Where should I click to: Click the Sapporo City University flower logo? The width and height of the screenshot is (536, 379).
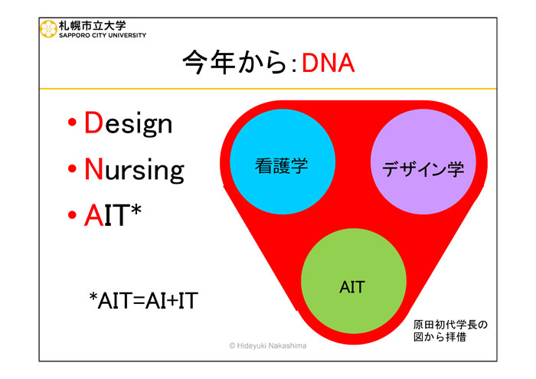coord(48,28)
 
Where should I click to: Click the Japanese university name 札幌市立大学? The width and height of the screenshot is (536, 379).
coord(93,25)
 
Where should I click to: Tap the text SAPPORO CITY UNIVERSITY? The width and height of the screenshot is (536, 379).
coord(103,35)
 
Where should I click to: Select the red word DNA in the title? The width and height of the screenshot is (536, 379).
coord(328,64)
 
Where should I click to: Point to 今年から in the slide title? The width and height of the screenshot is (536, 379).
coord(234,63)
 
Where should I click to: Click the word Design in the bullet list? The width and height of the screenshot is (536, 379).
coord(128,123)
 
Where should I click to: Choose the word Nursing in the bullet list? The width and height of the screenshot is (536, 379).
coord(134,169)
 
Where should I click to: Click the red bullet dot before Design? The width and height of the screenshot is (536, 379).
coord(72,122)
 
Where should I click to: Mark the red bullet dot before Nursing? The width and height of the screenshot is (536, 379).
coord(72,168)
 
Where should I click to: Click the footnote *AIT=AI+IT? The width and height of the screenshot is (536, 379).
coord(144,300)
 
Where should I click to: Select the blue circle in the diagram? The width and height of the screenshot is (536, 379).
coord(283,162)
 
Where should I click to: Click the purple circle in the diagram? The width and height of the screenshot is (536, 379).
coord(423,162)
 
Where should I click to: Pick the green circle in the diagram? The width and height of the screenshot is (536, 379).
coord(354,281)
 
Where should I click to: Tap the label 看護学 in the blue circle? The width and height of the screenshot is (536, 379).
coord(281,165)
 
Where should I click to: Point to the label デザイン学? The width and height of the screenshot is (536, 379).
coord(423,168)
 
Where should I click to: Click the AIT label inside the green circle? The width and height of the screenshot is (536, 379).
coord(352,287)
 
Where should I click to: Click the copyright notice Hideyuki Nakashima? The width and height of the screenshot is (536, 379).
coord(268,346)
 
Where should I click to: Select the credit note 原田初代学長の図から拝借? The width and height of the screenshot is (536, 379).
coord(450,331)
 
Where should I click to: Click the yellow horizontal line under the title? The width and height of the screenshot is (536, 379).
coord(268,89)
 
